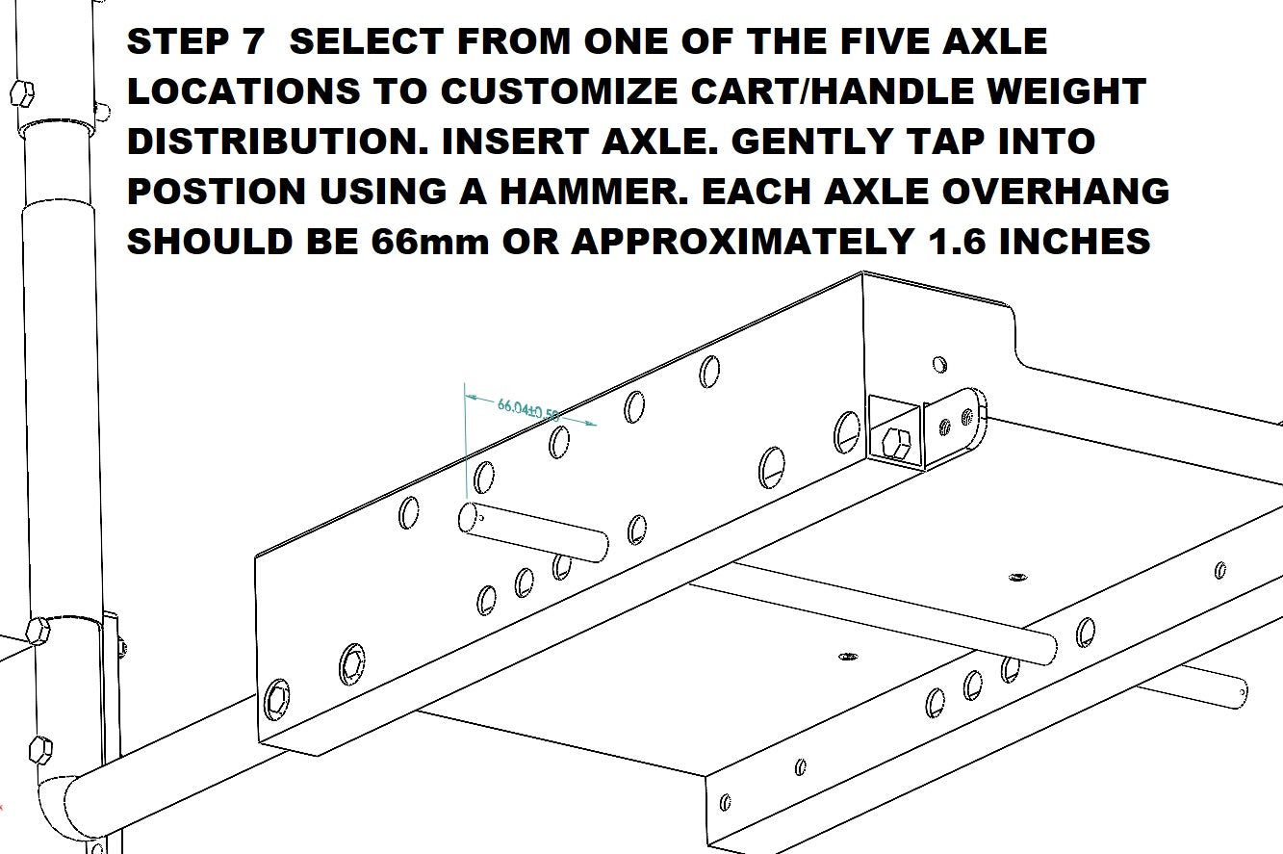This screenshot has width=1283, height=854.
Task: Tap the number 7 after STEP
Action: (251, 41)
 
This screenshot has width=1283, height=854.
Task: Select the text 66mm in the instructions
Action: (429, 241)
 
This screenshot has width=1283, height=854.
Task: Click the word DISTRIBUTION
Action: (277, 142)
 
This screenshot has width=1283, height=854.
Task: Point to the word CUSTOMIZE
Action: (558, 91)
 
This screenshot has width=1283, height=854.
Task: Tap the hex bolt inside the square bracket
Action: (896, 444)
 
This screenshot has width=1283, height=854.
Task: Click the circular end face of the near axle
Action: (468, 517)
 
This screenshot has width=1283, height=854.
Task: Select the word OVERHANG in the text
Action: (1055, 191)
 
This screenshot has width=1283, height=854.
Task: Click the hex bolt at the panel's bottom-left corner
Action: (277, 699)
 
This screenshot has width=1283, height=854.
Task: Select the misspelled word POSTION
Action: (217, 191)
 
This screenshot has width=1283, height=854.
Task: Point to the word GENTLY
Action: (812, 142)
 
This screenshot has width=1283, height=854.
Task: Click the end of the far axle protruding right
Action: (1240, 694)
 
